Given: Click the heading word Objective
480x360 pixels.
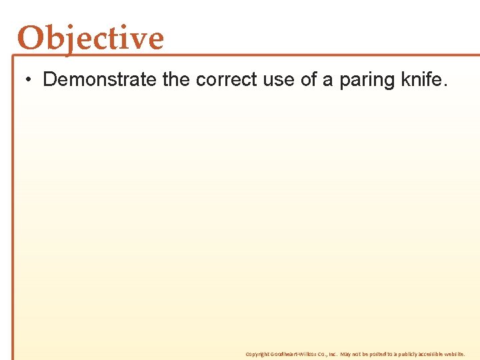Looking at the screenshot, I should point(91,38).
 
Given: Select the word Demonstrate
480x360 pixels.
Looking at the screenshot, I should point(100,80).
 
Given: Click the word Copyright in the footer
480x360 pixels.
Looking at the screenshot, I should point(256,354).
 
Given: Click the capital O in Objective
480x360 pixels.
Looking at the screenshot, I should point(29,38).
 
